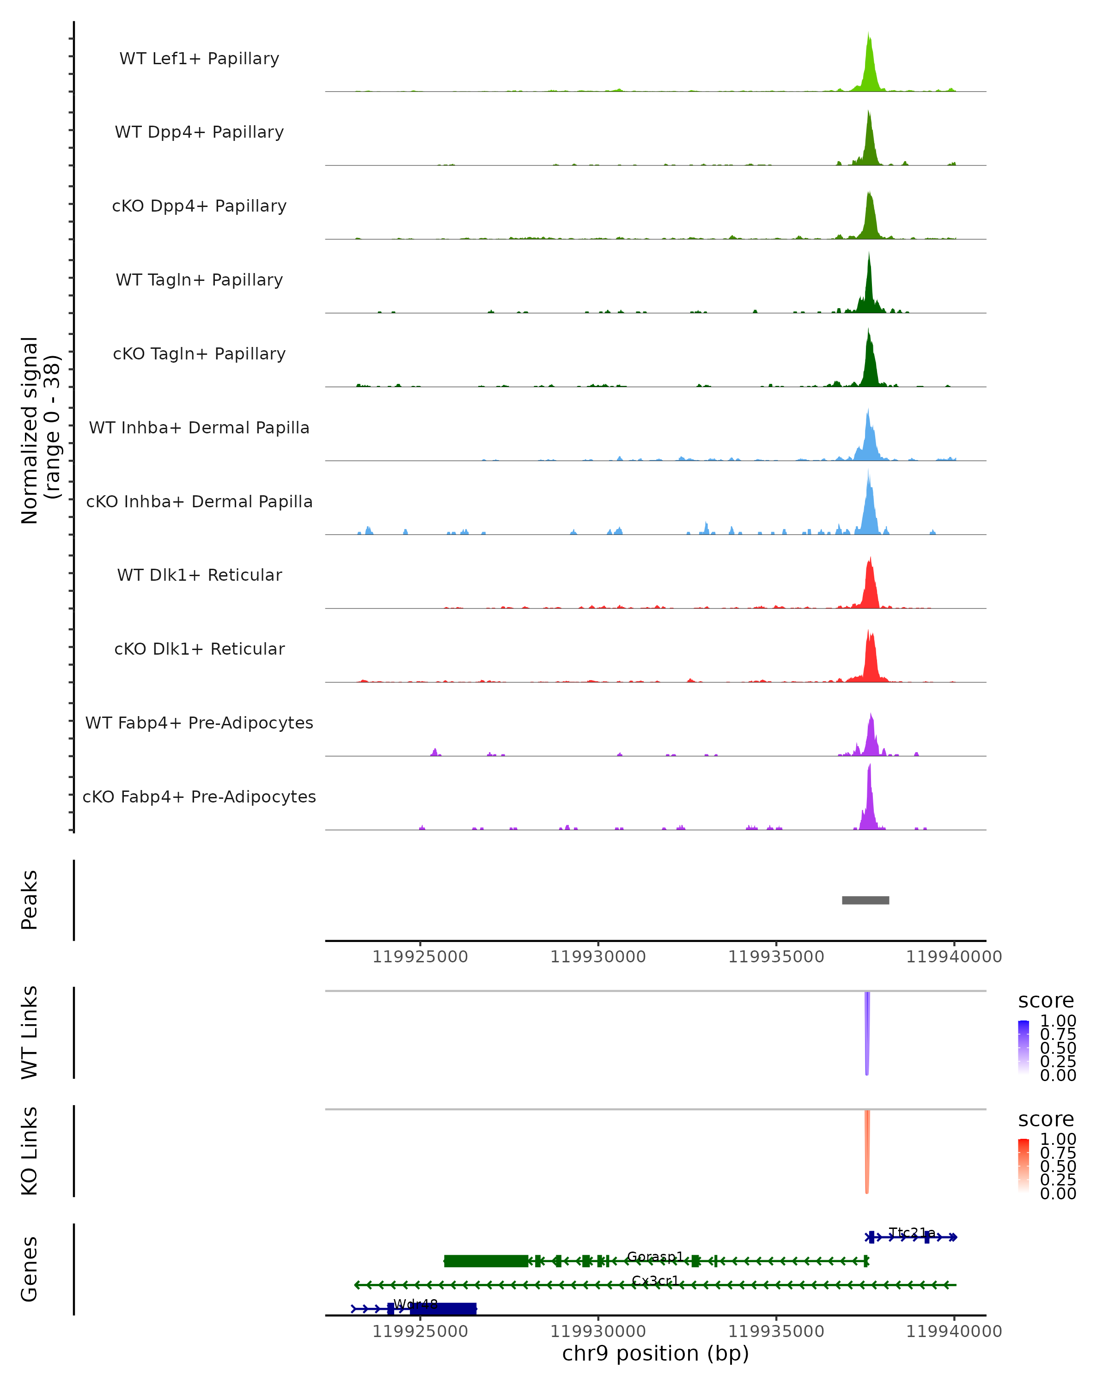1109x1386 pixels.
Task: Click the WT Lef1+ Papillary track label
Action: pos(199,59)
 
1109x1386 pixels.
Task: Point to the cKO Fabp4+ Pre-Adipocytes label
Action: pos(199,796)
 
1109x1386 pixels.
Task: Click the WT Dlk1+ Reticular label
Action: pos(199,575)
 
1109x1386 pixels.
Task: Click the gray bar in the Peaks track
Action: pos(865,900)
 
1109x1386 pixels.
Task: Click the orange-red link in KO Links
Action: pos(866,1151)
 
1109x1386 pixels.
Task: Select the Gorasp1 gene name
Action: pos(654,1256)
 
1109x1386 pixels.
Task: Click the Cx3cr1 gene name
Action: pos(654,1281)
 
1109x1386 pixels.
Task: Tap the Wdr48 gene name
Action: pos(415,1304)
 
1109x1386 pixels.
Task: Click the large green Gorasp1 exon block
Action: pos(486,1261)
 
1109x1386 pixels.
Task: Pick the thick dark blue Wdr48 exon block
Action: pos(444,1309)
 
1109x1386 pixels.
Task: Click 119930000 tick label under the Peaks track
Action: pos(598,957)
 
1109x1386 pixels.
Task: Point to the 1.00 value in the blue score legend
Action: pos(1058,1021)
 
